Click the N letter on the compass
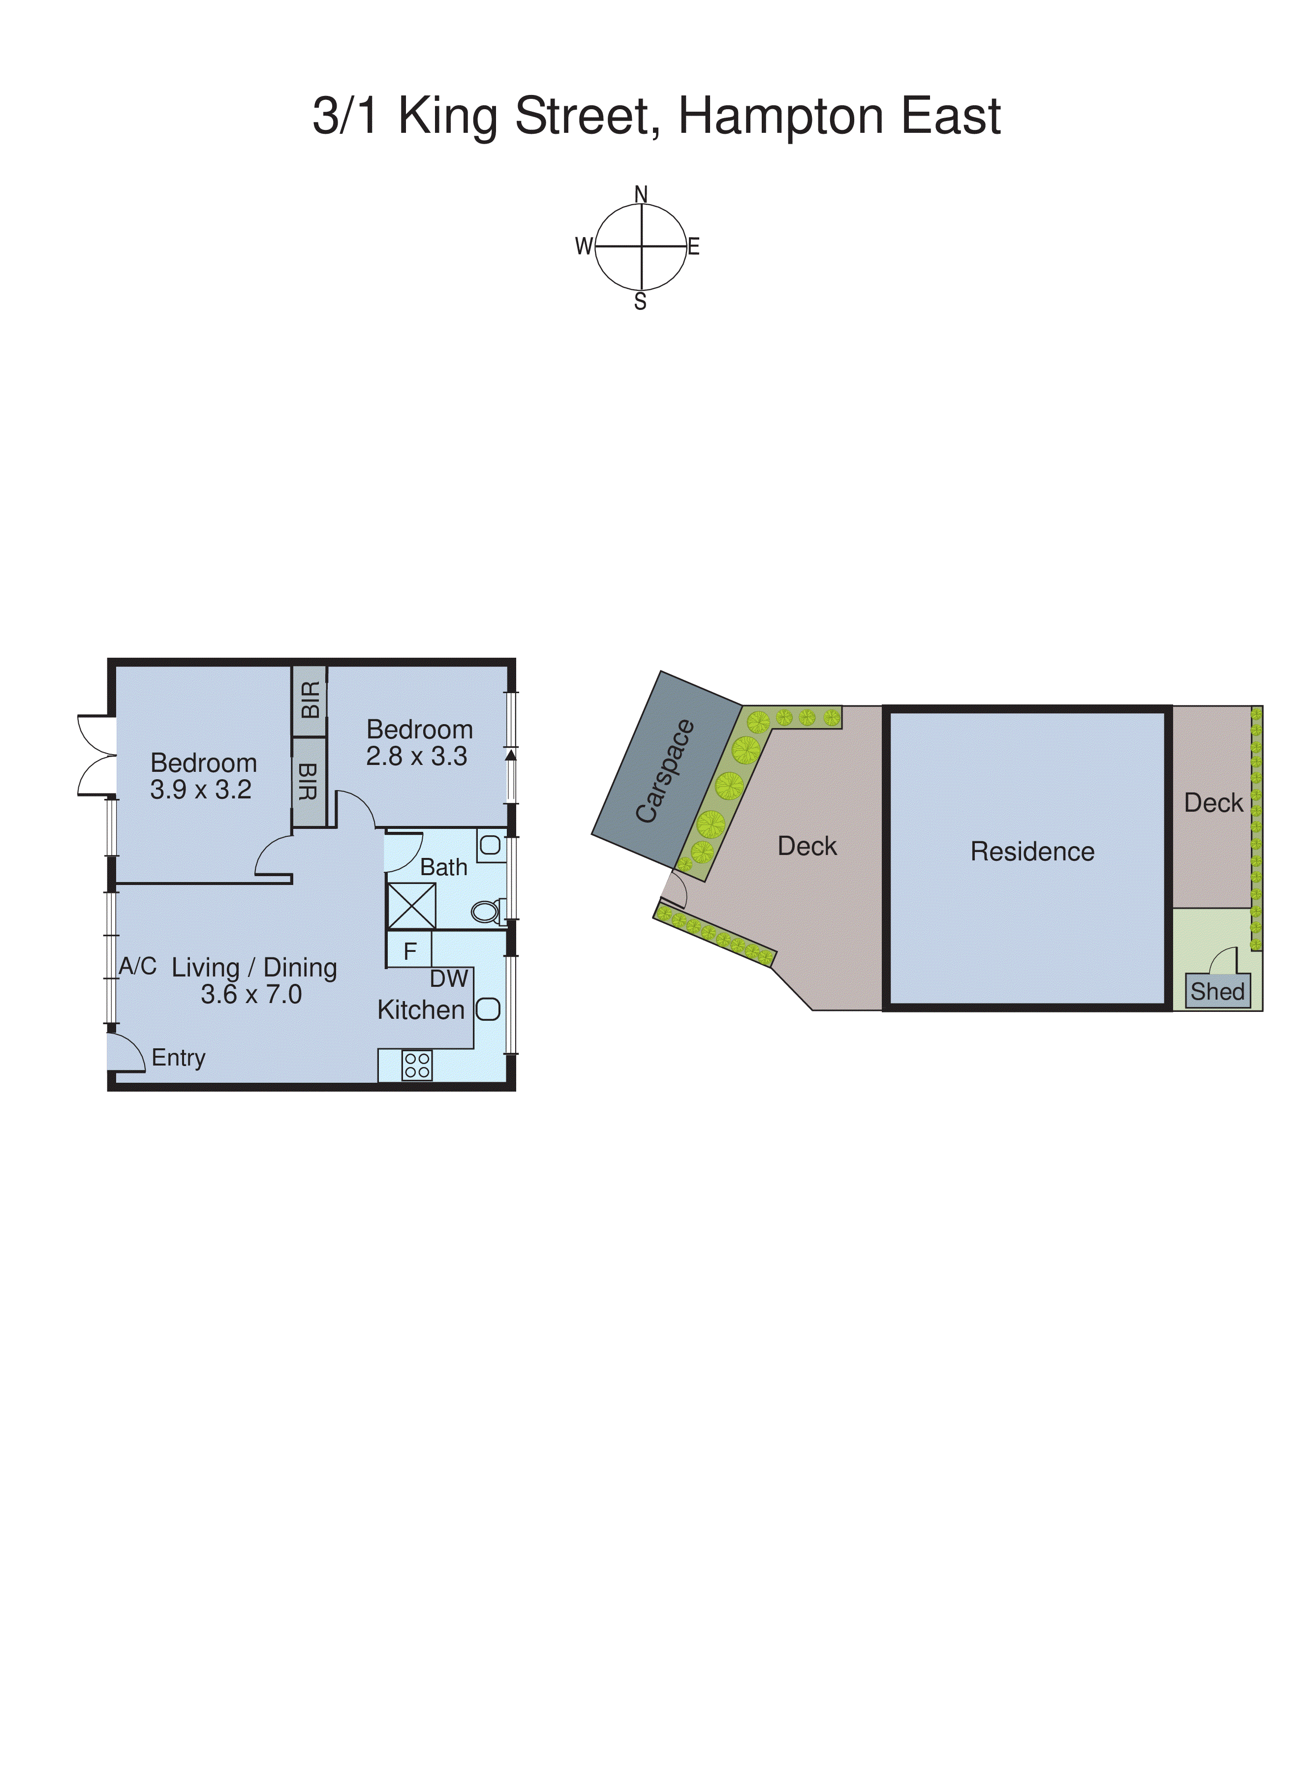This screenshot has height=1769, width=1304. pos(641,194)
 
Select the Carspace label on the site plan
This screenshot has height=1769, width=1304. pos(665,771)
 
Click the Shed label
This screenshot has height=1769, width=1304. pos(1217,991)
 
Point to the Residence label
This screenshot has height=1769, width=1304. pos(1032,852)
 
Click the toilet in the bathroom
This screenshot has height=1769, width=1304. pos(486,912)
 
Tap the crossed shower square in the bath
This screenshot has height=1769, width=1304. pos(411,905)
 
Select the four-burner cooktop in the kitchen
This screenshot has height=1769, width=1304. pos(417,1065)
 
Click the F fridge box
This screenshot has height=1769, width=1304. pos(410,951)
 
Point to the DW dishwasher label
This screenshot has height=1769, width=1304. pos(448,978)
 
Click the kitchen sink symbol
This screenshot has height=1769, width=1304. pos(488,1009)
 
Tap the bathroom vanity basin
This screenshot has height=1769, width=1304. pos(490,846)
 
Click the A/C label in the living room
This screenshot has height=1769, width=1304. pos(137,966)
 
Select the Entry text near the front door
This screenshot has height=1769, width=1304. pos(179,1057)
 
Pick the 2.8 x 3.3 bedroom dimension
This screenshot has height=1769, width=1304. pos(417,756)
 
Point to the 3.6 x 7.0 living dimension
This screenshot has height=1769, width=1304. pos(251,994)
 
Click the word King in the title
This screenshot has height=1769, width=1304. pos(448,117)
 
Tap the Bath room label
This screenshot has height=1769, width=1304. pos(444,867)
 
